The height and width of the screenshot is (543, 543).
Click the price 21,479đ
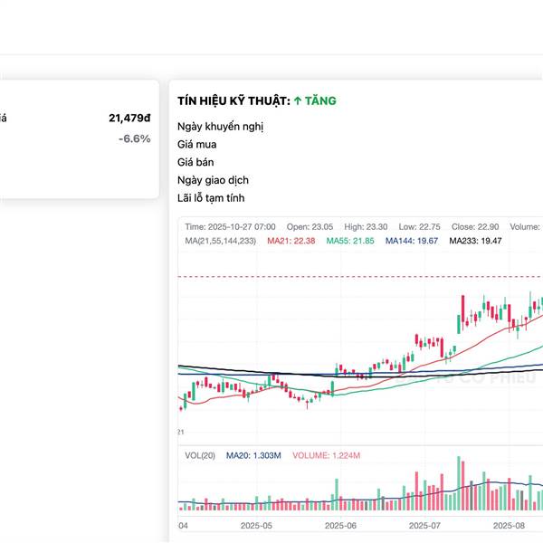(129, 118)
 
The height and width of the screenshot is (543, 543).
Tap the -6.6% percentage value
(134, 138)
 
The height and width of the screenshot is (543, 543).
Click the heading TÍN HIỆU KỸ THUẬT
(233, 101)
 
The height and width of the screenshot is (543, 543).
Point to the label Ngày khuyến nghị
(220, 126)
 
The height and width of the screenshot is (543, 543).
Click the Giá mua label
(197, 144)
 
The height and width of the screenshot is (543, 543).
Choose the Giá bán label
(196, 162)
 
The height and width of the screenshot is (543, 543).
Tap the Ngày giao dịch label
(214, 180)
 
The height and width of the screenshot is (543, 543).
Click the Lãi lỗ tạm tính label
(211, 198)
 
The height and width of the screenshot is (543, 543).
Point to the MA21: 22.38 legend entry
(291, 241)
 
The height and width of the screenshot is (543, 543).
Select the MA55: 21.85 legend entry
(350, 241)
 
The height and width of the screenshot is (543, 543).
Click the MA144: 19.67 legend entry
(412, 241)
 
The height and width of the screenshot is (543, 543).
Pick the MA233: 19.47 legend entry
(476, 241)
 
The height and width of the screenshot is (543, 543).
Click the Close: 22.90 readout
(471, 226)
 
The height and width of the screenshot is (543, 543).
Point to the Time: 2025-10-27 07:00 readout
(231, 226)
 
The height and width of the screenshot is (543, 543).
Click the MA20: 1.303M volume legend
(253, 455)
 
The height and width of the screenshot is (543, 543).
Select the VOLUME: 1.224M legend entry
(327, 455)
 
